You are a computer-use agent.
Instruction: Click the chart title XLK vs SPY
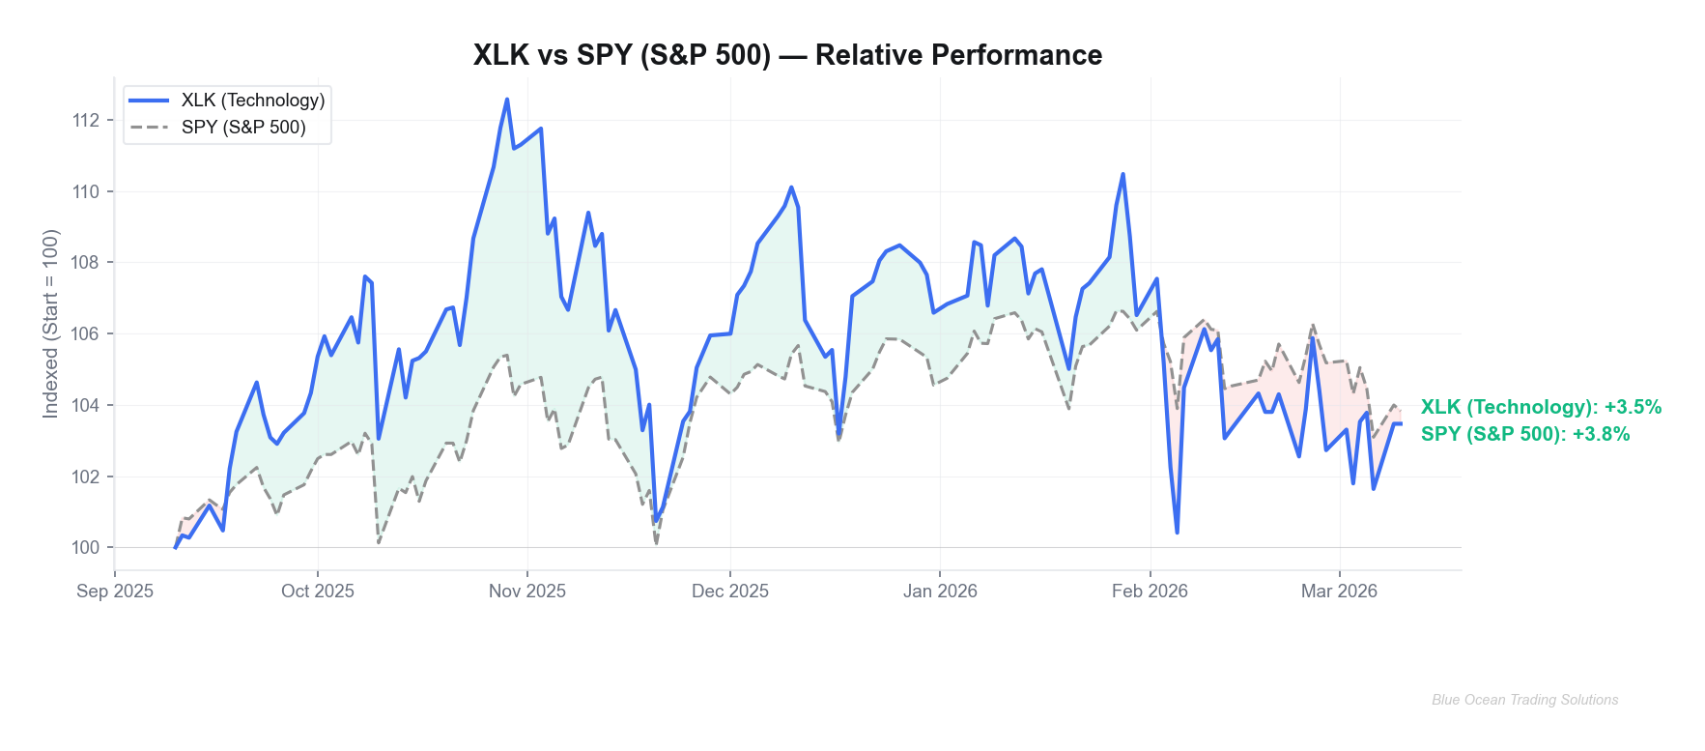(787, 55)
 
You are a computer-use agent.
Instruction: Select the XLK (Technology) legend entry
(252, 101)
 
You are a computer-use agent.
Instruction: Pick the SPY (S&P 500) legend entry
(242, 128)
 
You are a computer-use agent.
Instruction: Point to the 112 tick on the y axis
(86, 120)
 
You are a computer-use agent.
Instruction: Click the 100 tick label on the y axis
(86, 547)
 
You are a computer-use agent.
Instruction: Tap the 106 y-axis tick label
(86, 333)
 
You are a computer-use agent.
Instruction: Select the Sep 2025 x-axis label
(115, 591)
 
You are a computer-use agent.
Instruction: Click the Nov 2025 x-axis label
(526, 591)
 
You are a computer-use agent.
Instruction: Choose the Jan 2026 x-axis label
(940, 591)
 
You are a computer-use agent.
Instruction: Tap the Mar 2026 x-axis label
(1339, 591)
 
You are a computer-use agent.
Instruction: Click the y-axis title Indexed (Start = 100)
(50, 324)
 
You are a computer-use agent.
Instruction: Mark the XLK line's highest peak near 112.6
(507, 100)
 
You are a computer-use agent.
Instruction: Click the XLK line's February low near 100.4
(1177, 532)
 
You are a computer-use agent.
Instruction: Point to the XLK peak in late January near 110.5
(1122, 175)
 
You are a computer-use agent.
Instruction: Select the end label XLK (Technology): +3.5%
(1541, 407)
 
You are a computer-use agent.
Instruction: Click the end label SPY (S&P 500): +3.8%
(1525, 434)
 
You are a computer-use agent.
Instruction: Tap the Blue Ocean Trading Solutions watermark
(1524, 700)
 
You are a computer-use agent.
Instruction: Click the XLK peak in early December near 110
(791, 188)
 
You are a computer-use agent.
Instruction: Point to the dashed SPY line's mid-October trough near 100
(379, 542)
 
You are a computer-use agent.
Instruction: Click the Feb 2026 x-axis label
(1150, 591)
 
